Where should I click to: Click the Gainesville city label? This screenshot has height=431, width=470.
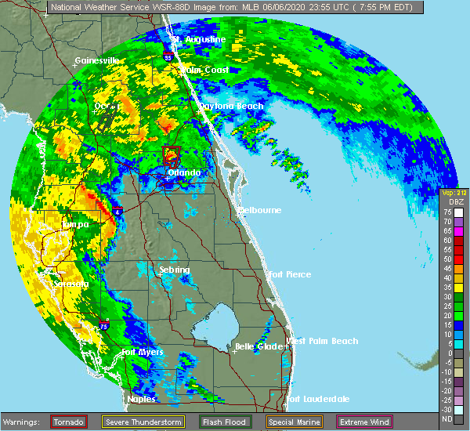[96, 60]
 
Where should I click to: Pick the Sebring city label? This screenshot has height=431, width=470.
[175, 270]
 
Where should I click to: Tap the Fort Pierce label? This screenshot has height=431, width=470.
[289, 274]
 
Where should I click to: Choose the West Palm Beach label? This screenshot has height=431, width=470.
[322, 341]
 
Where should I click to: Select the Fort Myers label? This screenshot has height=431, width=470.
[143, 352]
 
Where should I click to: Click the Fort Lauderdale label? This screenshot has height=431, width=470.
[318, 400]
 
